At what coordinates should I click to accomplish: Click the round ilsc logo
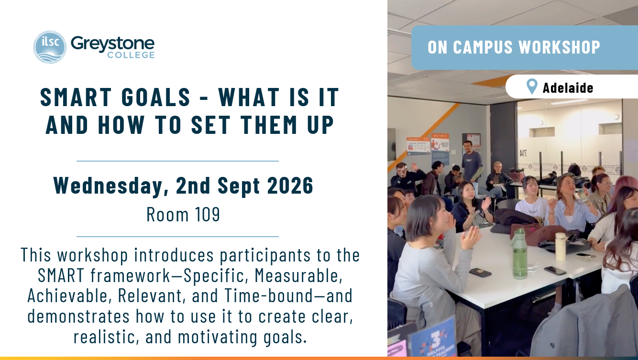(50, 47)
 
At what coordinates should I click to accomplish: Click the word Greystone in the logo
(112, 44)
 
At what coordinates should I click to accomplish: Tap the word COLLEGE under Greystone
(131, 55)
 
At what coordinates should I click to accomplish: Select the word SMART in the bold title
(76, 98)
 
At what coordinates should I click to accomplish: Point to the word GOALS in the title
(156, 98)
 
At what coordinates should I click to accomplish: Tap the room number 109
(207, 214)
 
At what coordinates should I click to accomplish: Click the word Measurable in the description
(298, 275)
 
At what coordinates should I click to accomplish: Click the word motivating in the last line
(218, 337)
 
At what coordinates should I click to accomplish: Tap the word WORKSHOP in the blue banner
(560, 47)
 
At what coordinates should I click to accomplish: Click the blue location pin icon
(532, 87)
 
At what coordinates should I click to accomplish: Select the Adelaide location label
(568, 87)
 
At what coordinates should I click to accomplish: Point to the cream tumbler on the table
(560, 246)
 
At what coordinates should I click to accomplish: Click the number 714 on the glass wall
(523, 154)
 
